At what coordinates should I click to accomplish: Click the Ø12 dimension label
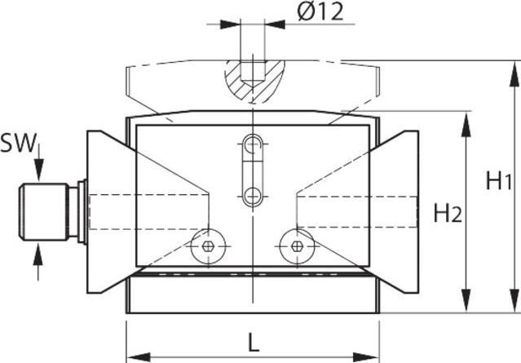point(320,12)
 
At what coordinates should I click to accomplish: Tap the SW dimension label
point(18,143)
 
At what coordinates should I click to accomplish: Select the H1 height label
point(499,180)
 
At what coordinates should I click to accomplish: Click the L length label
point(254,343)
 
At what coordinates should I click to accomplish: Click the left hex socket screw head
point(209,246)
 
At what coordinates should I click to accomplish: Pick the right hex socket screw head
point(297,246)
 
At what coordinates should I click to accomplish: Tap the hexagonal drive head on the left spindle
point(44,212)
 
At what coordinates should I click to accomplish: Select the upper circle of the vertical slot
point(254,144)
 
